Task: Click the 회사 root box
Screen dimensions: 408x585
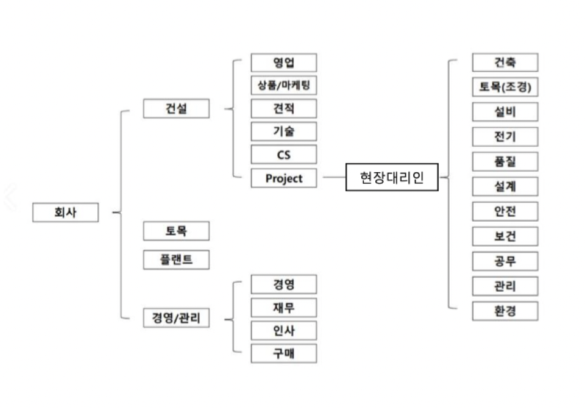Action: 65,212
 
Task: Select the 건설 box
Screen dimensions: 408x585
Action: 176,108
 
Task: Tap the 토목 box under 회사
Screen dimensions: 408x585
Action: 176,231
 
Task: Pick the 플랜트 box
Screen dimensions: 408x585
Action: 176,260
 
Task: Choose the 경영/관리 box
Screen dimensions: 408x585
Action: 176,318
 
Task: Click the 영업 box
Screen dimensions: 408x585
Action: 284,62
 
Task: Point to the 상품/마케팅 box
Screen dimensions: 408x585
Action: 284,85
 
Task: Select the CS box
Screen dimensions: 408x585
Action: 284,154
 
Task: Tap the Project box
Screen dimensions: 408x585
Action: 284,179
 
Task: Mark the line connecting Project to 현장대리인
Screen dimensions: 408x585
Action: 333,178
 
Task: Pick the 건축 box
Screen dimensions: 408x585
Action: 505,62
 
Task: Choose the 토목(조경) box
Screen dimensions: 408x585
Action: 505,87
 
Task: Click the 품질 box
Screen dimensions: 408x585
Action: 505,161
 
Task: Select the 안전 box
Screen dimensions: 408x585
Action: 505,211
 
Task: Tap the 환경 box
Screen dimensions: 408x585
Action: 505,311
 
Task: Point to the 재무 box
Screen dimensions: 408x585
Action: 284,308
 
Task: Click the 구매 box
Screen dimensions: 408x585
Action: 284,353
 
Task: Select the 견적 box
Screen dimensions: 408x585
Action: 284,108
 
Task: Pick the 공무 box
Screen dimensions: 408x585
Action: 505,261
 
